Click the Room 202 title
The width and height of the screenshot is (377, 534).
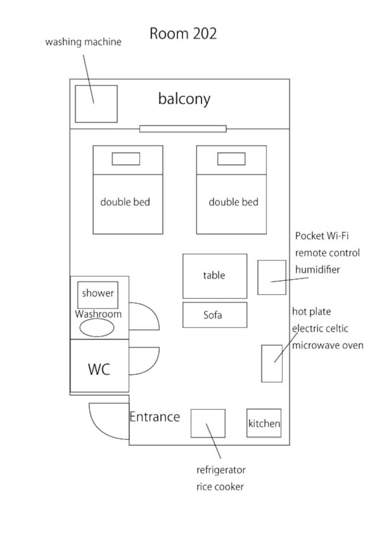183,34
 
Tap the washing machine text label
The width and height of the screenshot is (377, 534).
83,42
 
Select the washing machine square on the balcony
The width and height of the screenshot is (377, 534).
96,104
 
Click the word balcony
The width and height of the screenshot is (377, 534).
184,99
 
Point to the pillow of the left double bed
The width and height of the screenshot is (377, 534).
126,159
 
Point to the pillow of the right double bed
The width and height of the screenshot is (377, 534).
231,159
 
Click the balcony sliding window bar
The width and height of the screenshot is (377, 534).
183,129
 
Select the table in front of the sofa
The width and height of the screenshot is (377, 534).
215,276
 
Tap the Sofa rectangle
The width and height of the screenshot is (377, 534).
215,315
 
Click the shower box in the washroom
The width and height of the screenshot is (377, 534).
98,295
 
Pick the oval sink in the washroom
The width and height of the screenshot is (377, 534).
97,328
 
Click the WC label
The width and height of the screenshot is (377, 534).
99,369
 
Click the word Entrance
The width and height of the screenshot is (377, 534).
155,417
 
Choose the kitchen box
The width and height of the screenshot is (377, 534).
264,423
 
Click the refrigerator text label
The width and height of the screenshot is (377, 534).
221,470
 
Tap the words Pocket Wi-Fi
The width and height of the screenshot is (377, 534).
322,236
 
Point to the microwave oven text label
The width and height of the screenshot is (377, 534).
328,345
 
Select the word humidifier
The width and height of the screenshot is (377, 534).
317,270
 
